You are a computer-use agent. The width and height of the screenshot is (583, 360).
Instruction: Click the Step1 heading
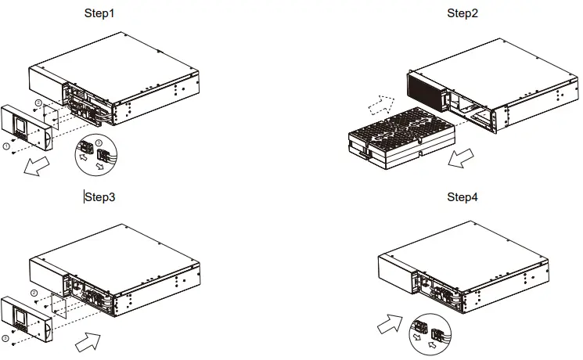click(99, 13)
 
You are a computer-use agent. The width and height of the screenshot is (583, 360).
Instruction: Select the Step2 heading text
click(462, 13)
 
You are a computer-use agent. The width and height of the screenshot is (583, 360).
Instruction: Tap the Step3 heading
click(100, 196)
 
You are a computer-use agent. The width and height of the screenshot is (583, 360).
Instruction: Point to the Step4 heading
click(462, 196)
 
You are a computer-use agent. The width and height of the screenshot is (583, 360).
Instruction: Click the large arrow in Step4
click(390, 322)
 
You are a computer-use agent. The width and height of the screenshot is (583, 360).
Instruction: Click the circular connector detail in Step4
click(424, 333)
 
